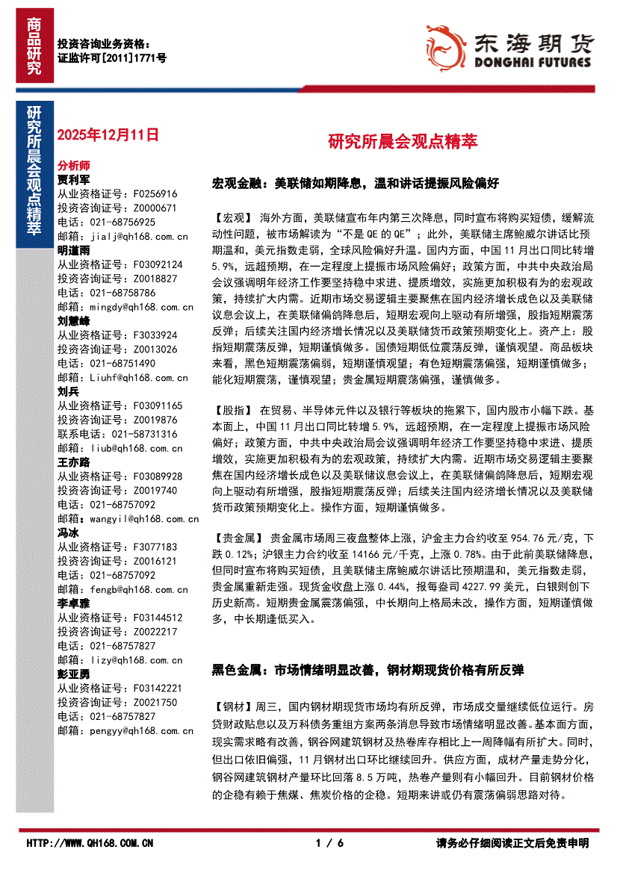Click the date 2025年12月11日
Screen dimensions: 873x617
108,135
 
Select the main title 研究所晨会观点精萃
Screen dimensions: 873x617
403,141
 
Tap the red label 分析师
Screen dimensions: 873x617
73,165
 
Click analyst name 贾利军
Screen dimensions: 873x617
73,180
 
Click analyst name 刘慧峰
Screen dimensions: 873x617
73,320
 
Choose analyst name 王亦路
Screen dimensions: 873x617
73,462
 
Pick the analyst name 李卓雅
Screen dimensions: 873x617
73,603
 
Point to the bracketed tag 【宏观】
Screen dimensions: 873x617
233,218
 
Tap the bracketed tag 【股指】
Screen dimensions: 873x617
233,411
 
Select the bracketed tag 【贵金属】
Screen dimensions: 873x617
238,538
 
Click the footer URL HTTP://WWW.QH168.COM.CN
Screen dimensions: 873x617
90,843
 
